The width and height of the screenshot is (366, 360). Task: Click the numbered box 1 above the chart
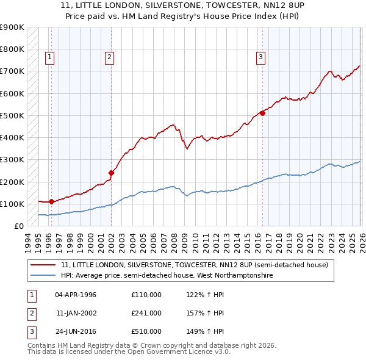(49, 58)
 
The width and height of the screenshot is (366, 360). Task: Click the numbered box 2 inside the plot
(109, 58)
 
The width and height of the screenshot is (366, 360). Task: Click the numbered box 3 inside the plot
(260, 58)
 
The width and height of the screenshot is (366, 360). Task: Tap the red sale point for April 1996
(51, 201)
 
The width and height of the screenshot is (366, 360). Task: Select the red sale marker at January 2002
(112, 173)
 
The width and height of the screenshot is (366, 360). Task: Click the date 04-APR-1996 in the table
(76, 295)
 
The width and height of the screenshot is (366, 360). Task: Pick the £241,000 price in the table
(146, 313)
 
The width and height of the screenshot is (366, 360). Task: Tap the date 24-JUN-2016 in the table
(76, 331)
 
